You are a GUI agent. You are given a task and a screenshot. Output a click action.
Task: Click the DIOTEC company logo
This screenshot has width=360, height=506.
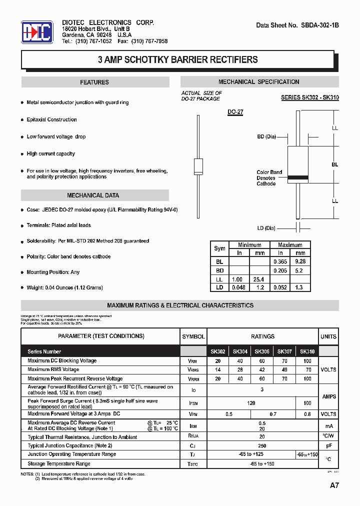pyautogui.click(x=37, y=33)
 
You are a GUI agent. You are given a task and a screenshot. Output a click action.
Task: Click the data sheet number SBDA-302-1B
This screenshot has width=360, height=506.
pyautogui.click(x=297, y=25)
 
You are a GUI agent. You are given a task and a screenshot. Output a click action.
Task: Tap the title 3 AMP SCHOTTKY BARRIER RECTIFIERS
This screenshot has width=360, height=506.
pyautogui.click(x=177, y=60)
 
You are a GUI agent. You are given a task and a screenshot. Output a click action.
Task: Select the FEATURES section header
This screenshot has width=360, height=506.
pyautogui.click(x=94, y=82)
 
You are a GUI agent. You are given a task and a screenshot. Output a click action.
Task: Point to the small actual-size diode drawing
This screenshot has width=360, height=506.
pyautogui.click(x=198, y=164)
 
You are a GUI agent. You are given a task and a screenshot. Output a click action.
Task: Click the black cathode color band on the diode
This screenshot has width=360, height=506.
pyautogui.click(x=298, y=176)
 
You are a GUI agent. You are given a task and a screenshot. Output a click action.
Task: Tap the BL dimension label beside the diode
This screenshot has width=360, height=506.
pyautogui.click(x=334, y=164)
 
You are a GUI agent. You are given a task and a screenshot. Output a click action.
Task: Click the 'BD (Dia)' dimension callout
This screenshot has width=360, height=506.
pyautogui.click(x=266, y=136)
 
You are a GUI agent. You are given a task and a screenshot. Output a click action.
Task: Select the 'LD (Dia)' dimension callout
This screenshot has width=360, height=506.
pyautogui.click(x=266, y=228)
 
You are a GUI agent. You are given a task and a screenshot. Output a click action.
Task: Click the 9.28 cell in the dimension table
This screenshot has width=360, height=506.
pyautogui.click(x=300, y=261)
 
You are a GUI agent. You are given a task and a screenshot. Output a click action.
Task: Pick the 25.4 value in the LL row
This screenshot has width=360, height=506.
pyautogui.click(x=259, y=279)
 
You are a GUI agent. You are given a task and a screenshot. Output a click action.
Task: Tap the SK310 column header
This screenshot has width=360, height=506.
pyautogui.click(x=307, y=351)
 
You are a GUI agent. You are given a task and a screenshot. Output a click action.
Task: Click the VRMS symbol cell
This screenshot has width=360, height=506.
pyautogui.click(x=193, y=370)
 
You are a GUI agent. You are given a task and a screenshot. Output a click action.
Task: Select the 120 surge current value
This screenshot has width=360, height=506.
pyautogui.click(x=251, y=403)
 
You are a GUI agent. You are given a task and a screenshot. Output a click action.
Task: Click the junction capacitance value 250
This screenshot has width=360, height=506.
pyautogui.click(x=262, y=445)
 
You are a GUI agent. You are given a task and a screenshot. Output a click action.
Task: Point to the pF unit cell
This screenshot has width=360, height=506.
pyautogui.click(x=328, y=445)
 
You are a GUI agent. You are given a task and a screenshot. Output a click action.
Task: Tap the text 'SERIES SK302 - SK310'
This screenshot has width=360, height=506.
pyautogui.click(x=309, y=97)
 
